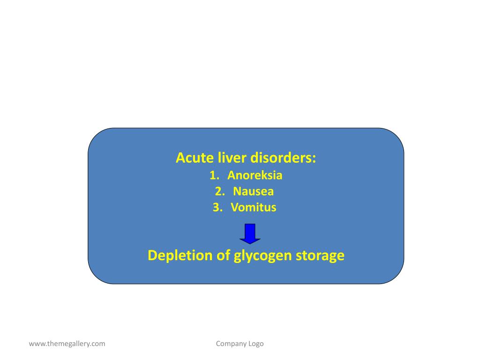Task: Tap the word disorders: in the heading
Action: [283, 158]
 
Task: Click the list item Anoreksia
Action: [255, 176]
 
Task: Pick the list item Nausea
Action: [253, 191]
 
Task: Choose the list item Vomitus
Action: [254, 207]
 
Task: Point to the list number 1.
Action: [214, 176]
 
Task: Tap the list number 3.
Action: [217, 207]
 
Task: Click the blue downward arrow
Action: [250, 233]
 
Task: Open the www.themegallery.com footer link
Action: [67, 344]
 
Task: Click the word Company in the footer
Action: [231, 344]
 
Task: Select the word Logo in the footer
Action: [256, 344]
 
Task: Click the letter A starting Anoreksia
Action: [231, 176]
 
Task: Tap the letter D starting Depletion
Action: [152, 255]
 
